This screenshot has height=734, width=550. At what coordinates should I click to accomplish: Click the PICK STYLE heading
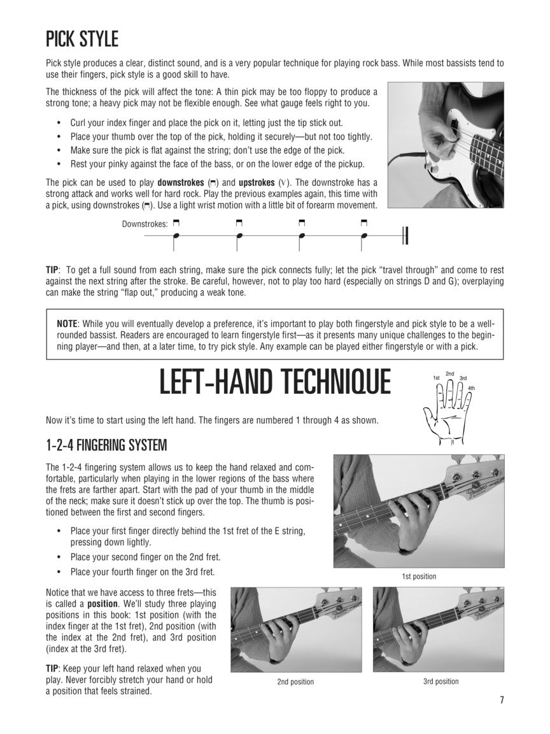[82, 40]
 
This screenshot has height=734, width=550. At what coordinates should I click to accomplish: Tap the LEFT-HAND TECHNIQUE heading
[275, 382]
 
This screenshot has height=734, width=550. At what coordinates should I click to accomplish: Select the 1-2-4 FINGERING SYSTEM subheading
[106, 445]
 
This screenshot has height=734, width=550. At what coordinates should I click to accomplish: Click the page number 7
[502, 700]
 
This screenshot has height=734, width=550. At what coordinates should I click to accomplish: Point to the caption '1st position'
[419, 576]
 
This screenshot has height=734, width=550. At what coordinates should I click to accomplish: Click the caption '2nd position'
[295, 682]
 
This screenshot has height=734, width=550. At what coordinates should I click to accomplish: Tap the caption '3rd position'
[441, 681]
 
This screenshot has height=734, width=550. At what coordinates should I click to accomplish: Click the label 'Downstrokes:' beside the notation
[145, 224]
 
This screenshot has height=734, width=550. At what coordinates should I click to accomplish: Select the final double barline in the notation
[405, 236]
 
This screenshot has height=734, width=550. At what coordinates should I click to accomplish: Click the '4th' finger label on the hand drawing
[471, 388]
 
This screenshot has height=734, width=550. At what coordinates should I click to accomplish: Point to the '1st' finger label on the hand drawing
[436, 377]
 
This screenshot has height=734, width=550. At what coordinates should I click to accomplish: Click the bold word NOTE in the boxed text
[67, 324]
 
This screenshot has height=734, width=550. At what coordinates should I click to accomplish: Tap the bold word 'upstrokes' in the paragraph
[257, 183]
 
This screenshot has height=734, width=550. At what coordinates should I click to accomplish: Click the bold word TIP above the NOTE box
[52, 270]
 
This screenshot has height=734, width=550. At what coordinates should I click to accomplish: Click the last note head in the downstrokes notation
[365, 236]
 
